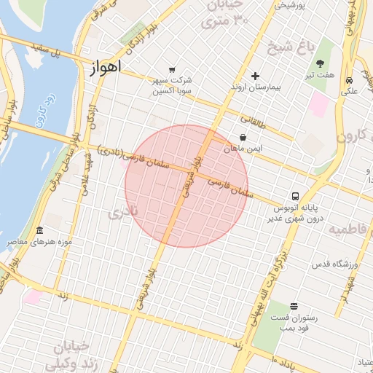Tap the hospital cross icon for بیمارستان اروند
pyautogui.click(x=255, y=76)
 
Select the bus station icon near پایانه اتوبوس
pyautogui.click(x=295, y=196)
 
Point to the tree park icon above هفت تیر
pyautogui.click(x=321, y=64)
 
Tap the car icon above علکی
pyautogui.click(x=350, y=80)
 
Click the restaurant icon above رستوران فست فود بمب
pyautogui.click(x=294, y=306)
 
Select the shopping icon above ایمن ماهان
pyautogui.click(x=242, y=137)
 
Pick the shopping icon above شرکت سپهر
pyautogui.click(x=172, y=70)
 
